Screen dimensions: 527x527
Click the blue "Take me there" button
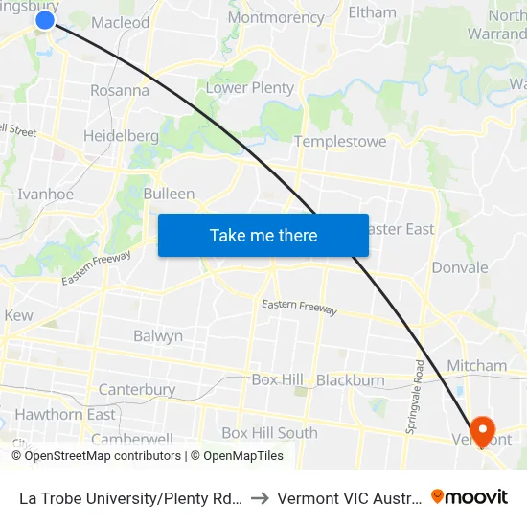click(x=263, y=235)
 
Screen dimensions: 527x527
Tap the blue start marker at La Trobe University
click(x=45, y=19)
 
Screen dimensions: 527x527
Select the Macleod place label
click(x=121, y=22)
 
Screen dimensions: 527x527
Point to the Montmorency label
click(x=276, y=18)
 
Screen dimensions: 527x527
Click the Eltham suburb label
click(x=372, y=12)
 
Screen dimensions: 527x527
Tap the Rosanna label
click(x=120, y=90)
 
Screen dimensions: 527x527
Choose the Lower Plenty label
click(x=250, y=88)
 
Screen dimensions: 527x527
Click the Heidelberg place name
click(x=121, y=136)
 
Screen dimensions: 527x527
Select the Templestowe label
click(x=340, y=142)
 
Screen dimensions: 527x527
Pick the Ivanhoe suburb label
click(x=46, y=194)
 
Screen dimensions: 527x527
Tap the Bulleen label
click(x=169, y=194)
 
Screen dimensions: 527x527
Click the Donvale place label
click(x=460, y=267)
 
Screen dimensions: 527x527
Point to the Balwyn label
click(x=158, y=336)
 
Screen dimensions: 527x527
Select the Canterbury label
click(x=137, y=390)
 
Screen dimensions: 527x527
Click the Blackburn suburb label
click(x=351, y=380)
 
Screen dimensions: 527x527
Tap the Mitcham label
click(x=477, y=365)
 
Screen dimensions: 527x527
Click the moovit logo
click(x=470, y=496)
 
